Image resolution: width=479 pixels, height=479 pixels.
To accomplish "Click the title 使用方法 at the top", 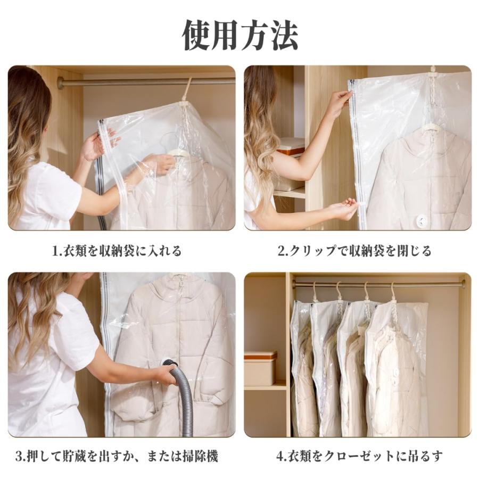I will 240,35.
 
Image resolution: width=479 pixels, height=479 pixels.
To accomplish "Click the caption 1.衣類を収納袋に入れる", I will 117,251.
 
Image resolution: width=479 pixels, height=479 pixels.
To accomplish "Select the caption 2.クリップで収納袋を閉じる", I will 354,251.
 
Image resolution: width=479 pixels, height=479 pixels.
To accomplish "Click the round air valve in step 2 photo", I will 422,220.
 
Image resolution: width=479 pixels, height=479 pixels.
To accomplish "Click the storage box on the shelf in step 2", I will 290,165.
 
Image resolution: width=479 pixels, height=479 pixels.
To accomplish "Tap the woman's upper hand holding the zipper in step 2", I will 339,103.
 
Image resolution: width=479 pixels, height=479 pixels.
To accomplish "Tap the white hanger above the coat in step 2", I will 430,128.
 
